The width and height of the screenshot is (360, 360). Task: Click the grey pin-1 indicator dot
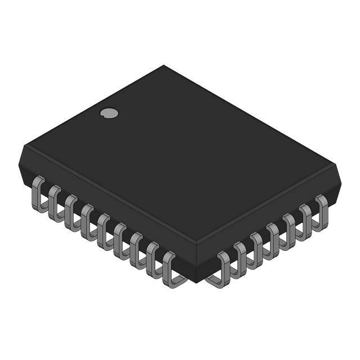(x=109, y=113)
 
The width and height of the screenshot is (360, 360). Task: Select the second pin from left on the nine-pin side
(x=55, y=202)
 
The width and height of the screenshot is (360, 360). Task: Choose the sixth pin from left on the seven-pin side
(x=305, y=219)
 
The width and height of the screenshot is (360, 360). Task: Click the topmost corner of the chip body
(x=164, y=66)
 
